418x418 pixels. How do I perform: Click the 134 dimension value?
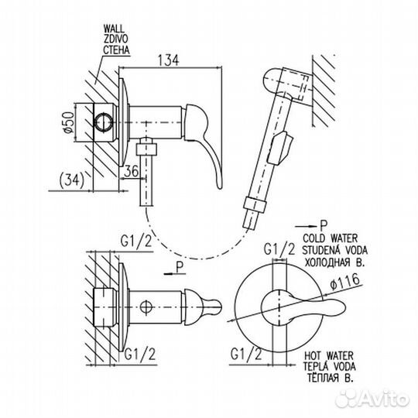pos(169,60)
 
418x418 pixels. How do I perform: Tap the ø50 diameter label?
pos(69,122)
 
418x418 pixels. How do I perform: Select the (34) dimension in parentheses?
pos(71,180)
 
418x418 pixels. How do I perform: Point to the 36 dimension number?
pos(132,171)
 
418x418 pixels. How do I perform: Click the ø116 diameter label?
pos(345,282)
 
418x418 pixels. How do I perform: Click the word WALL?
pos(114,29)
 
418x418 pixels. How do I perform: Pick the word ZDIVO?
pos(115,39)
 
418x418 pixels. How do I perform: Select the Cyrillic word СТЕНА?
pos(116,50)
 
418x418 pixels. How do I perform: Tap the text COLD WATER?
pos(331,238)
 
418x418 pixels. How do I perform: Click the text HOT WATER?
pos(329,355)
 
